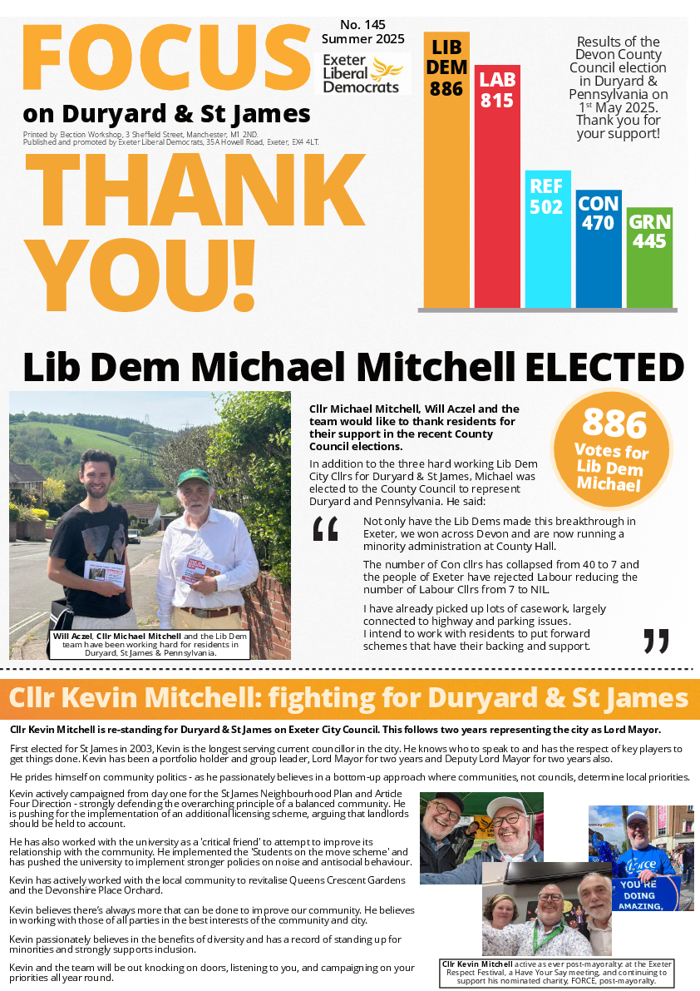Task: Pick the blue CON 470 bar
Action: click(x=598, y=250)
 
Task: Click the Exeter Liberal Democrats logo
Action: click(x=366, y=74)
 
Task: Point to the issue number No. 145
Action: click(x=362, y=24)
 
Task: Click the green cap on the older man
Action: click(x=194, y=477)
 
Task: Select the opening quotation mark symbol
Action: click(x=325, y=529)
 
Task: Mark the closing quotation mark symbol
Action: click(x=656, y=641)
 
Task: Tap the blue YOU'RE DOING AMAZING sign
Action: click(x=647, y=892)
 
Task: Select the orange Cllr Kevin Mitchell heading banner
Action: click(x=350, y=698)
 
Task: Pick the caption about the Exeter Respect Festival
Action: click(x=556, y=972)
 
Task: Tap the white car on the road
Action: click(x=133, y=536)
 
